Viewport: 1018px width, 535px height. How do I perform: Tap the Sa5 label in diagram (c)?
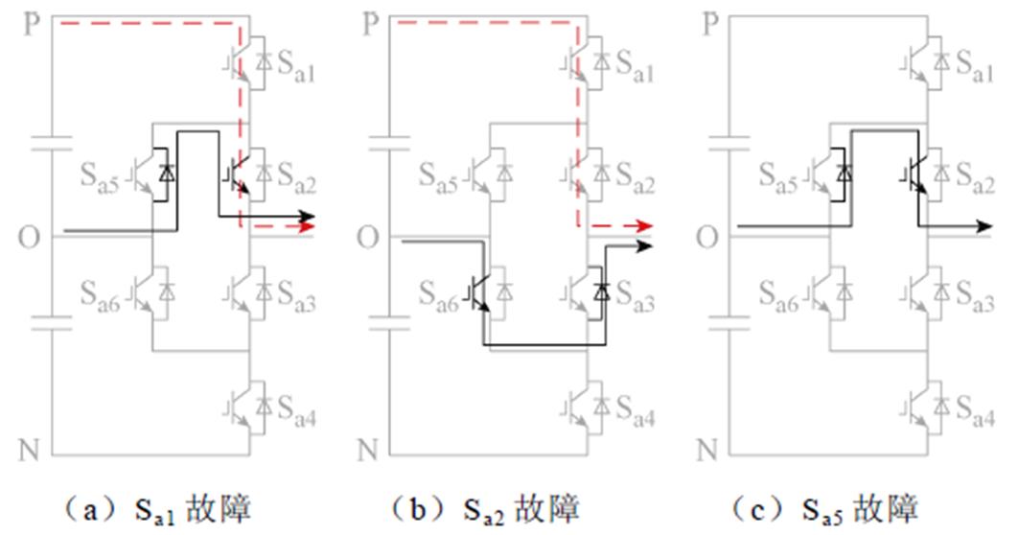(780, 175)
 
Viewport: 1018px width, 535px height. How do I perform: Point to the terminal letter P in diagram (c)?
(710, 24)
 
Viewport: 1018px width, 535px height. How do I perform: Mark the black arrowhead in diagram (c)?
(984, 226)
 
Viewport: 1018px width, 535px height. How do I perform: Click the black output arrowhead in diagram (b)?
(646, 245)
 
